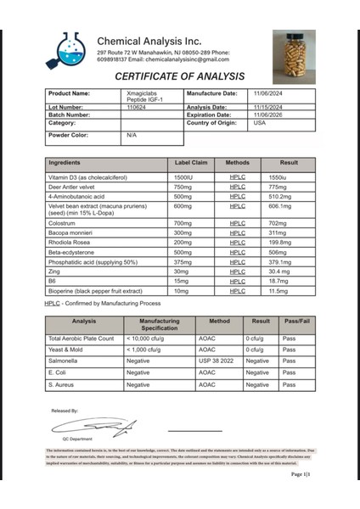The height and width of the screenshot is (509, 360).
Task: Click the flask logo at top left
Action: tap(65, 50)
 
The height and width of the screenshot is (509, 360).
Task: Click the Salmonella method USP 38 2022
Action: tap(216, 361)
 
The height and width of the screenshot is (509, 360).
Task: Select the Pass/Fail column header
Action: tap(296, 326)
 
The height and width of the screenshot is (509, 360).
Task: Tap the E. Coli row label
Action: tap(59, 372)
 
